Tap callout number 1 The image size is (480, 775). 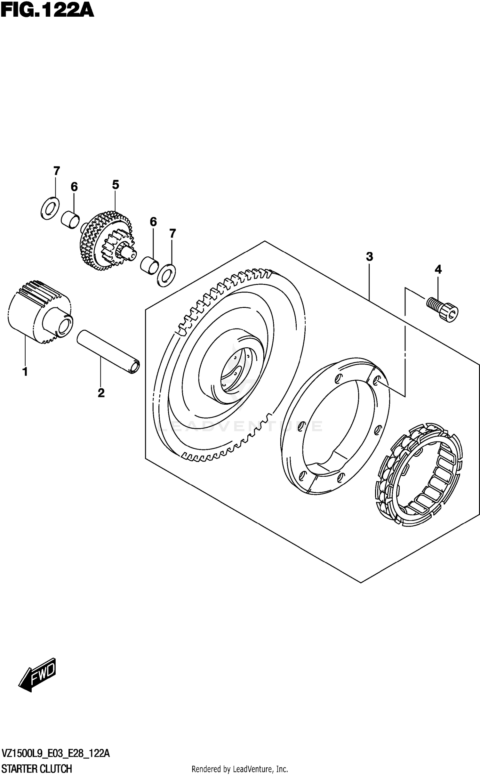(x=25, y=372)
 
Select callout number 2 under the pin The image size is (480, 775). (x=101, y=393)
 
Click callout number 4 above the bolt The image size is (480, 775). (x=438, y=270)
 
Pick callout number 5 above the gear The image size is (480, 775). (x=116, y=185)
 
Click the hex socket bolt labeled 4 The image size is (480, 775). (x=443, y=309)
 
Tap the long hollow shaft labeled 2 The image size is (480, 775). (x=108, y=352)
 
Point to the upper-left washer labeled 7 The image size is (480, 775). (x=50, y=208)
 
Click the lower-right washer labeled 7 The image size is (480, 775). (x=166, y=275)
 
